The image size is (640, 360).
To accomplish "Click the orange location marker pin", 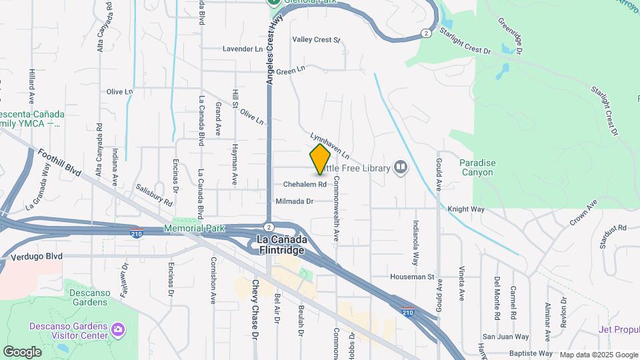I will (321, 159).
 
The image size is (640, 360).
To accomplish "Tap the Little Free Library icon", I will (400, 167).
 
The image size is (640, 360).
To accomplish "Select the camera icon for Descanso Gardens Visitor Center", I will (118, 329).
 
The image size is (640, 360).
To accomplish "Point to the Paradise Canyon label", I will (476, 167).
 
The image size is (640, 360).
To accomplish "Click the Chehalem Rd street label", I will (304, 184).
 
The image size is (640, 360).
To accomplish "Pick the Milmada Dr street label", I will (294, 201).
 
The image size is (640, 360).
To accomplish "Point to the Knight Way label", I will (466, 209).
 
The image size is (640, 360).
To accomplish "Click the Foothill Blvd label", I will (59, 163).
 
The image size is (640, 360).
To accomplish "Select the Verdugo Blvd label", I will (41, 255).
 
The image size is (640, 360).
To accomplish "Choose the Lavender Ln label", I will (243, 49).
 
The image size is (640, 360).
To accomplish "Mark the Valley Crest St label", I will (316, 40).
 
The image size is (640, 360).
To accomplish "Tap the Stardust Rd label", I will (613, 227).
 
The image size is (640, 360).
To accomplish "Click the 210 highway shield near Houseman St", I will (408, 311).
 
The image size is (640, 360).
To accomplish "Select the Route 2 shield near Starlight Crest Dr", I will (425, 33).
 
